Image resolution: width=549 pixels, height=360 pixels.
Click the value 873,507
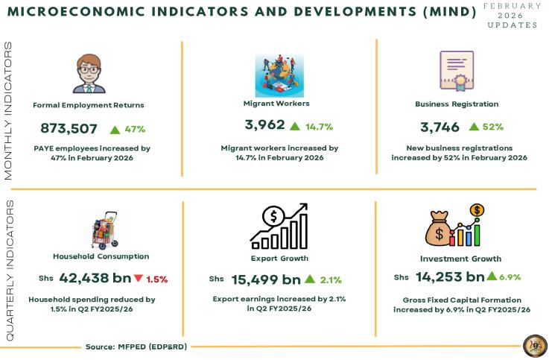[69, 128]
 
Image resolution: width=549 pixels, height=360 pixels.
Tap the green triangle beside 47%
[115, 130]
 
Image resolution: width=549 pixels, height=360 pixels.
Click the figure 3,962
[264, 125]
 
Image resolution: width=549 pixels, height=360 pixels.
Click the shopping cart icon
[101, 230]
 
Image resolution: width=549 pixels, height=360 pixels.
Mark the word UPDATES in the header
[512, 25]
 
